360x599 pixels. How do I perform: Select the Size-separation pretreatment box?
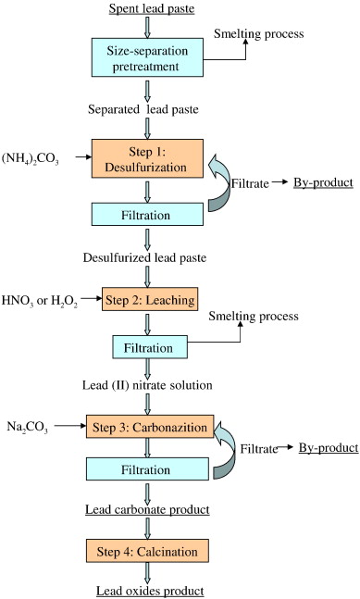149,57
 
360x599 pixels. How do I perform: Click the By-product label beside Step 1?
323,182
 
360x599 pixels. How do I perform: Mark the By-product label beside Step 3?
328,448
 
